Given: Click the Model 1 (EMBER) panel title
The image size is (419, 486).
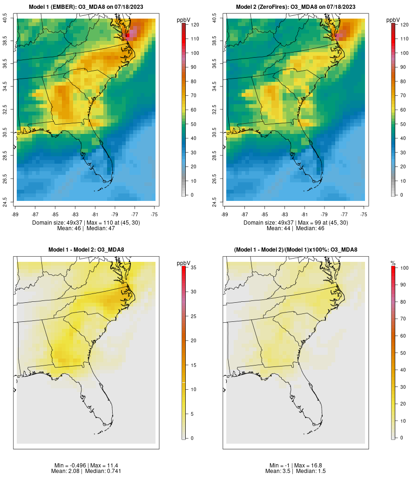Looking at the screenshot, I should point(86,7).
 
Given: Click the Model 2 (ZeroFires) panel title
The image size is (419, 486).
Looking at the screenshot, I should point(296,7).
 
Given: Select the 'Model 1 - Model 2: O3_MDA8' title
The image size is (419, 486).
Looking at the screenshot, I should point(86,250).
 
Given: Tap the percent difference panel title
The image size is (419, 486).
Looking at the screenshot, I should point(296,250).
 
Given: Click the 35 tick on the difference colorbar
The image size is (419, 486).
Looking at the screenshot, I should point(193,267).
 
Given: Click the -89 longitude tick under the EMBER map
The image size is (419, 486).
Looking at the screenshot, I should point(17,214).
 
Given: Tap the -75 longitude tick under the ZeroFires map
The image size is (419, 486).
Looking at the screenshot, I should point(364,214).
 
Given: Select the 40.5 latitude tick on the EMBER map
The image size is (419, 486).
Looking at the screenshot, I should point(5,19).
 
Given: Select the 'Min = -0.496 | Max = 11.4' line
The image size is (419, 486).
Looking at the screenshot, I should point(86,466).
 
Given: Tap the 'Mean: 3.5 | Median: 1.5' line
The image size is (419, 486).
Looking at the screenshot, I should point(296,471).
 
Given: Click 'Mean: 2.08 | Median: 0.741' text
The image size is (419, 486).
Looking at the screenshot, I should point(86,471).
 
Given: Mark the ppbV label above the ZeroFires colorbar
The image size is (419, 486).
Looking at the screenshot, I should point(393,20).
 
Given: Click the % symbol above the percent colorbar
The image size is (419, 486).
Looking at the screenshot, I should point(393,263).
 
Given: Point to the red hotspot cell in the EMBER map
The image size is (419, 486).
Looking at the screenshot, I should point(128,35).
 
